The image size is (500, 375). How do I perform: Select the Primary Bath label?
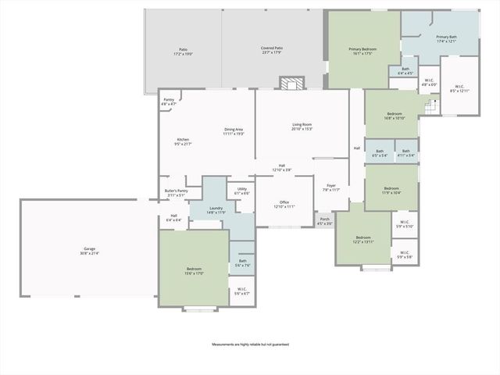pyautogui.click(x=446, y=39)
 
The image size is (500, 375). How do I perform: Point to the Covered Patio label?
pyautogui.click(x=272, y=50)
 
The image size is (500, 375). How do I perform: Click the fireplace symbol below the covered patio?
pyautogui.click(x=291, y=84)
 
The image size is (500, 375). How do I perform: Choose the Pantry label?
pyautogui.click(x=168, y=102)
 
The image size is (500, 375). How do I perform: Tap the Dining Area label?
pyautogui.click(x=234, y=131)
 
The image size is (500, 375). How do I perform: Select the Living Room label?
pyautogui.click(x=302, y=127)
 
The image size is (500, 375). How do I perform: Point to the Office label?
pyautogui.click(x=284, y=204)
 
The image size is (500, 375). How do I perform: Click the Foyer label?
pyautogui.click(x=330, y=187)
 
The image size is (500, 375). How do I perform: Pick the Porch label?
pyautogui.click(x=324, y=221)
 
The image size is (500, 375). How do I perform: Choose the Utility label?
pyautogui.click(x=241, y=192)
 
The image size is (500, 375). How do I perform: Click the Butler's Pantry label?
pyautogui.click(x=176, y=192)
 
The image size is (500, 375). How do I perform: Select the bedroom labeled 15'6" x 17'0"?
pyautogui.click(x=194, y=271)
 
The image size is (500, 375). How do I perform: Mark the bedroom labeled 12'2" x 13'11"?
pyautogui.click(x=363, y=239)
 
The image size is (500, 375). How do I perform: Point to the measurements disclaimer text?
pyautogui.click(x=250, y=345)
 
